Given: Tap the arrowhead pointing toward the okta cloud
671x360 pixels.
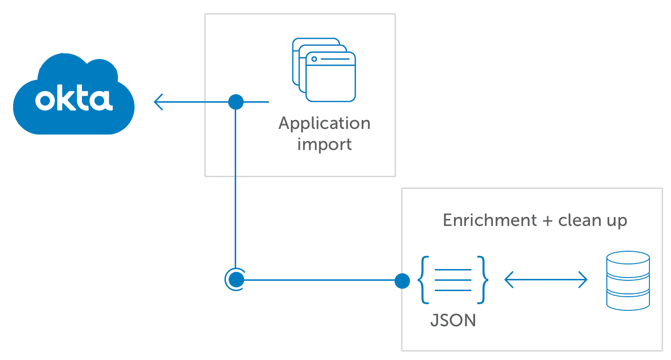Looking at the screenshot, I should tap(159, 102).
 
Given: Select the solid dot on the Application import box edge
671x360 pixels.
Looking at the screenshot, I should tap(236, 102).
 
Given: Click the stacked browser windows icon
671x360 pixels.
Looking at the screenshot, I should tap(324, 70).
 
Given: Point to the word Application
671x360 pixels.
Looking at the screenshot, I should tap(325, 124).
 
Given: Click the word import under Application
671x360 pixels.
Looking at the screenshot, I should tap(325, 143).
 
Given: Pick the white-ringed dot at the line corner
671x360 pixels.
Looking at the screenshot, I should tap(235, 279).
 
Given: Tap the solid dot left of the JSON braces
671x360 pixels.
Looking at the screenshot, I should tap(402, 281).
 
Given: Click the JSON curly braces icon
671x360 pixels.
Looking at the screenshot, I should tap(453, 280).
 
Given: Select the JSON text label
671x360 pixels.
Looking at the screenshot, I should tap(453, 321).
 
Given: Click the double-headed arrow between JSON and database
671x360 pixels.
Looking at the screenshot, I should tap(545, 280).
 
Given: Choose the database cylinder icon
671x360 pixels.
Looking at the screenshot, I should tap(628, 280).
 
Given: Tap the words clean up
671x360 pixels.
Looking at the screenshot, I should tap(592, 220).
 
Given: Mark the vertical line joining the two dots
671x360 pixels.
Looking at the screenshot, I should tap(234, 187).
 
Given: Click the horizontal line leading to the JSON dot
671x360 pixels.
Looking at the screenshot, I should tap(319, 280).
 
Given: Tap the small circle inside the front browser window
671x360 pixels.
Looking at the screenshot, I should tap(314, 59).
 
